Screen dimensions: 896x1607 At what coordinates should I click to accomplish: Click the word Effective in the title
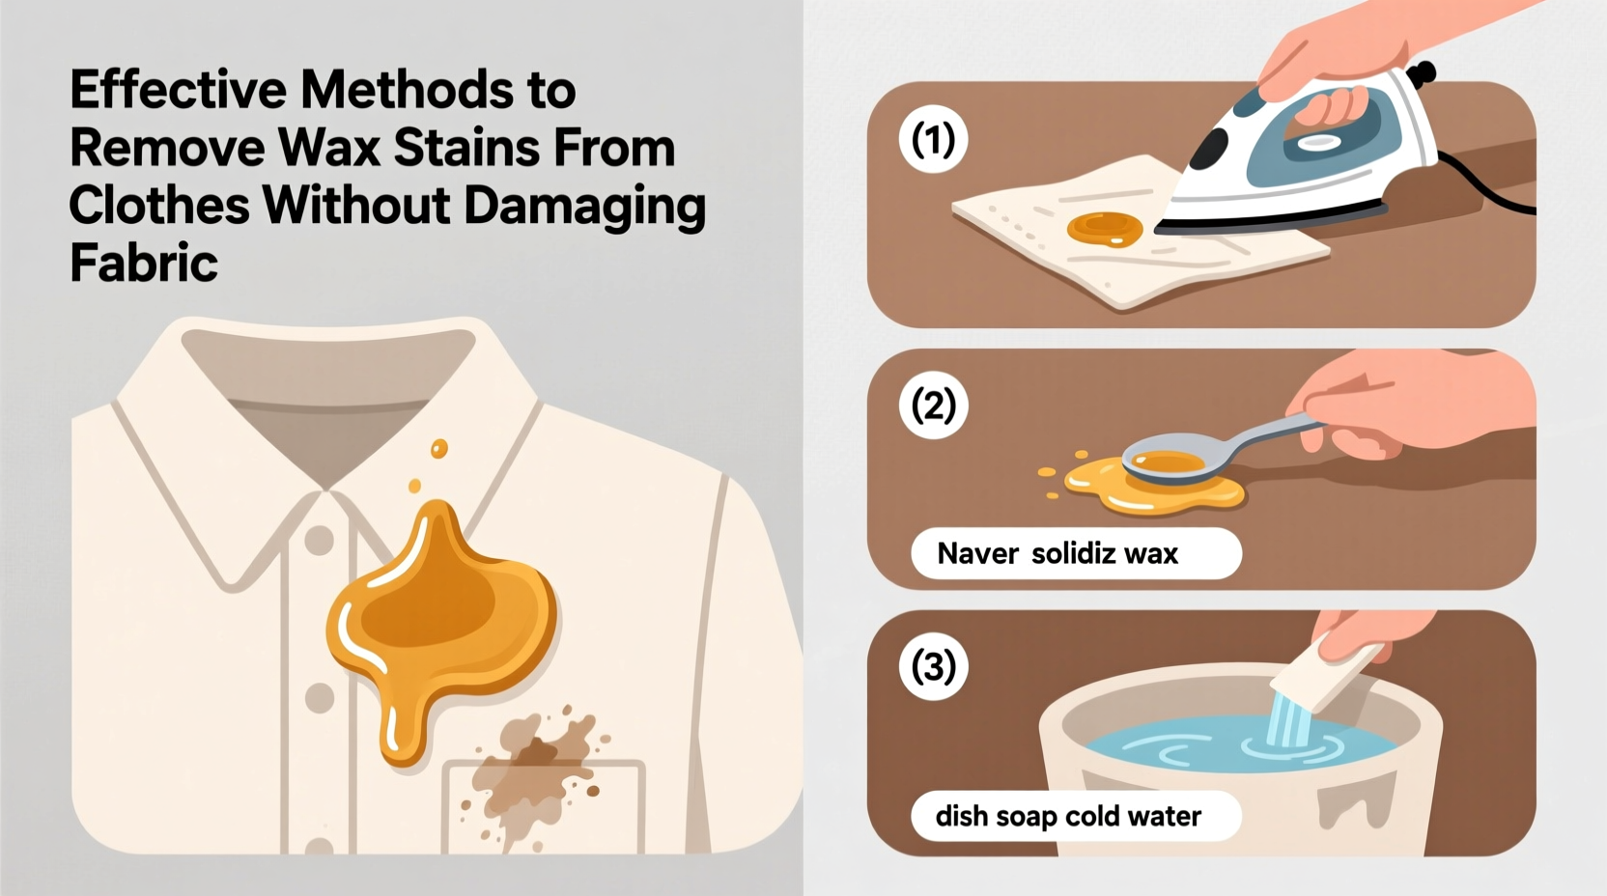(178, 91)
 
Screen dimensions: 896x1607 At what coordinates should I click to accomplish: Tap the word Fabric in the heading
(143, 263)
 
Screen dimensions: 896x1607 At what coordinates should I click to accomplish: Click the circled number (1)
(933, 141)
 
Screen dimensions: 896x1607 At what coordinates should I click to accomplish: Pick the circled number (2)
(933, 406)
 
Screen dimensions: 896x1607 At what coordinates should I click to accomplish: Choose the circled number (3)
(933, 667)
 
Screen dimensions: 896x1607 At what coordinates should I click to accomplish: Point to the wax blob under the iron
(1104, 229)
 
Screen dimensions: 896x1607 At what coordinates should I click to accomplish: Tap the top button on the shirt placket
(319, 541)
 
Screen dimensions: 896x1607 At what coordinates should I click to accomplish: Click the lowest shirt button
(319, 697)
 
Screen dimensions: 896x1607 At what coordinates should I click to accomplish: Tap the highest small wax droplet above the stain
(439, 449)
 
